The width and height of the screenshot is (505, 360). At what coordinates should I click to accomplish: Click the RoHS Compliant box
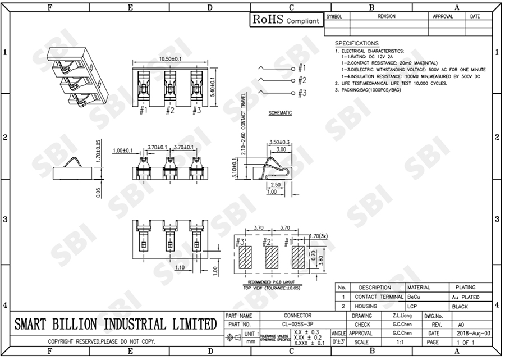[x=287, y=20]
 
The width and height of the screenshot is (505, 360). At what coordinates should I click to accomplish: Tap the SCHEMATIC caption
[x=280, y=113]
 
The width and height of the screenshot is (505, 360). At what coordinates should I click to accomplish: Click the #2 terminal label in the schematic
[x=302, y=80]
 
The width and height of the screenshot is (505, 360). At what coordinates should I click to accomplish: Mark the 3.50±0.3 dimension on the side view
[x=279, y=142]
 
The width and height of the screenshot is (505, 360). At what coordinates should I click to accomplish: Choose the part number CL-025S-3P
[x=297, y=325]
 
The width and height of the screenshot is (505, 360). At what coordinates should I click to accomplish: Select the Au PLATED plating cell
[x=465, y=297]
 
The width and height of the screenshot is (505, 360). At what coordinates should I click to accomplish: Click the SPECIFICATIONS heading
[x=357, y=43]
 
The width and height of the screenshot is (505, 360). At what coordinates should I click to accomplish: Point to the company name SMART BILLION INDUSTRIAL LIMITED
[x=115, y=324]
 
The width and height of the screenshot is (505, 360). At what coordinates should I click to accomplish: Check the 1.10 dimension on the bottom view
[x=180, y=268]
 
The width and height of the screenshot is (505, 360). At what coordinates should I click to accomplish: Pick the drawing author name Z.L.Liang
[x=400, y=316]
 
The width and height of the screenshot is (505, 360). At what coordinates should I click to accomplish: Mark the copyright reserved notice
[x=102, y=341]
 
